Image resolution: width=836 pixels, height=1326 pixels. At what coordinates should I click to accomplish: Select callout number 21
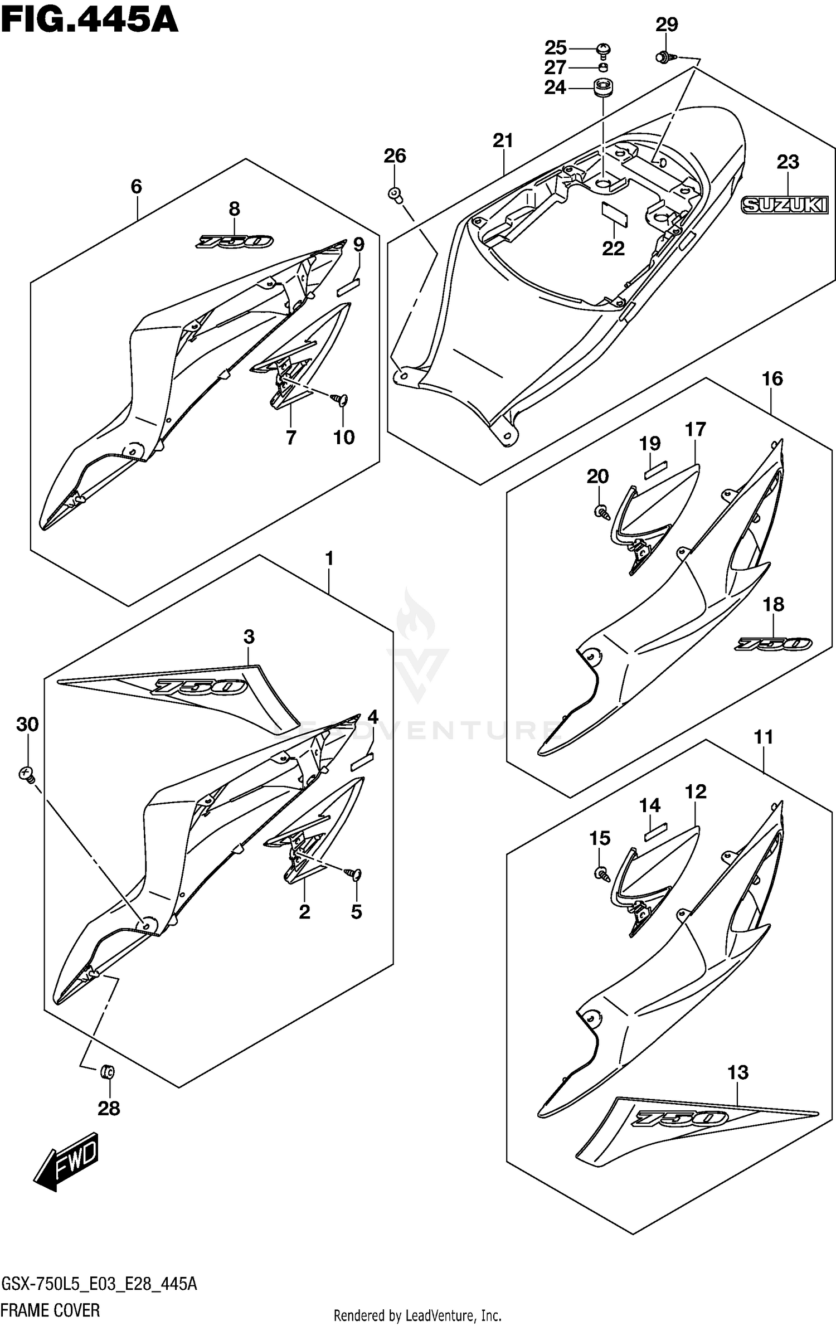click(x=503, y=140)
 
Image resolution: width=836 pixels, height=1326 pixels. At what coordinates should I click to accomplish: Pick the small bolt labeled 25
click(x=602, y=50)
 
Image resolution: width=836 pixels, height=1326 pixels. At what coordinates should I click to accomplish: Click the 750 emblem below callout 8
click(x=234, y=241)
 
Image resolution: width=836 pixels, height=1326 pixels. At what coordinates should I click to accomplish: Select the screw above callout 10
click(x=339, y=399)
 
